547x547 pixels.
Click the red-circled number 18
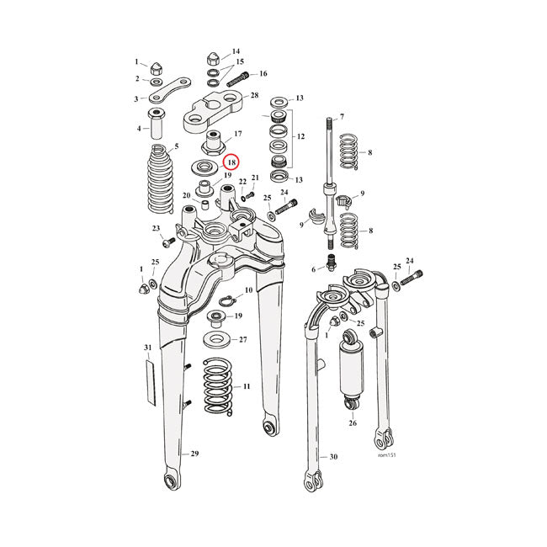click(x=231, y=163)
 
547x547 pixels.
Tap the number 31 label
click(x=147, y=348)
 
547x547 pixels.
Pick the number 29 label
click(x=194, y=454)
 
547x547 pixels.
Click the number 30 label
click(x=333, y=457)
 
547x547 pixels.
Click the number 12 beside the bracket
click(x=300, y=136)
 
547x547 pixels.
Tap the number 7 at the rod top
click(x=342, y=116)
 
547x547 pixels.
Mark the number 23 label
click(x=155, y=228)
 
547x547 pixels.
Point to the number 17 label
click(x=238, y=134)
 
